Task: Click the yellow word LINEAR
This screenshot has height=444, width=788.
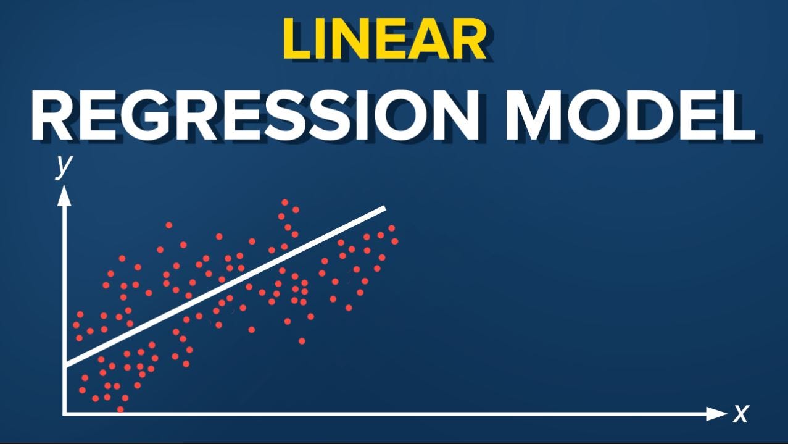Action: [383, 39]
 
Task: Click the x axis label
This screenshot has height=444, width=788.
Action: [740, 413]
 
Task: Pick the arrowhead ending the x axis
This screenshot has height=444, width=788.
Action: [718, 413]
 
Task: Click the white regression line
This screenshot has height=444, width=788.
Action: [225, 287]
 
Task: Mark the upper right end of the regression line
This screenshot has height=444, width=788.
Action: [384, 208]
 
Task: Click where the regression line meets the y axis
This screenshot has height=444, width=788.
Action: [65, 366]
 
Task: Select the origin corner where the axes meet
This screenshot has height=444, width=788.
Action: [65, 413]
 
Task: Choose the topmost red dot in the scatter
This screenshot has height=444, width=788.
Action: [285, 203]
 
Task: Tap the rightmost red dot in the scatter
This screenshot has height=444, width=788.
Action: [395, 241]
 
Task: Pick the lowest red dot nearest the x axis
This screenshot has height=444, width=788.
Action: [120, 409]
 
